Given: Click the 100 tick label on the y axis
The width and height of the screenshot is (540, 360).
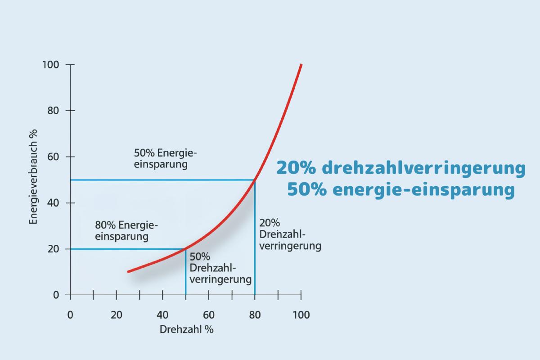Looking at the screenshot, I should [x=51, y=65].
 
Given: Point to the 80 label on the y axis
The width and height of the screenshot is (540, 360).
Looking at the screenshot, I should [x=54, y=111].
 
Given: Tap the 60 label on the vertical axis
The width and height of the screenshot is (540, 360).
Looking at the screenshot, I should [x=54, y=157].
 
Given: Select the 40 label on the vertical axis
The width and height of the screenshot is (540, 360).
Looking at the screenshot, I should [x=54, y=203].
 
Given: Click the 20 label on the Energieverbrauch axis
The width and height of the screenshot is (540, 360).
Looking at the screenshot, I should [x=54, y=249].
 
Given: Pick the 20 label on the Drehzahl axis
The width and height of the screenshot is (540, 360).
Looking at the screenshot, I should [x=116, y=315].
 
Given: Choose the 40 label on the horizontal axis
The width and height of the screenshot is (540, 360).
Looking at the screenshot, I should [x=162, y=315].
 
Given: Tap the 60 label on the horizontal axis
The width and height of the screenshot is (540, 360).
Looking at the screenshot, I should [x=208, y=315].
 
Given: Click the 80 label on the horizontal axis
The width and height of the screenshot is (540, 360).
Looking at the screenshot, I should [x=255, y=315].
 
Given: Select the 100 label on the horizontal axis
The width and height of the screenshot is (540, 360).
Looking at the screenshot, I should [x=301, y=315].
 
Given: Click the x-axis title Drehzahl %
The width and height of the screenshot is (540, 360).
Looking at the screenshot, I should [x=186, y=329].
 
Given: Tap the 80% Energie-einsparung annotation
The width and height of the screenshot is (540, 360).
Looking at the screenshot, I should [x=126, y=230].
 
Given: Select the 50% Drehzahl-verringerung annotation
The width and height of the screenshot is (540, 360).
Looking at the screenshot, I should [x=220, y=268].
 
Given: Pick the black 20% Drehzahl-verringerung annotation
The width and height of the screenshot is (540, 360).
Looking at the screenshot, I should [x=290, y=234].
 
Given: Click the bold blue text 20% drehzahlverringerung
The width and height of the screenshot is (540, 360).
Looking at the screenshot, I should [x=400, y=168].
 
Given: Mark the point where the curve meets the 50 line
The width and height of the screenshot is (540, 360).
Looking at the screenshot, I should [x=255, y=180].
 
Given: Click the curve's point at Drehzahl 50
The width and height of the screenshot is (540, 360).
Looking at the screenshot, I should [x=185, y=249].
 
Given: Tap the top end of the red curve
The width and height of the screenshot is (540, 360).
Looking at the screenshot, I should [x=301, y=65].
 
